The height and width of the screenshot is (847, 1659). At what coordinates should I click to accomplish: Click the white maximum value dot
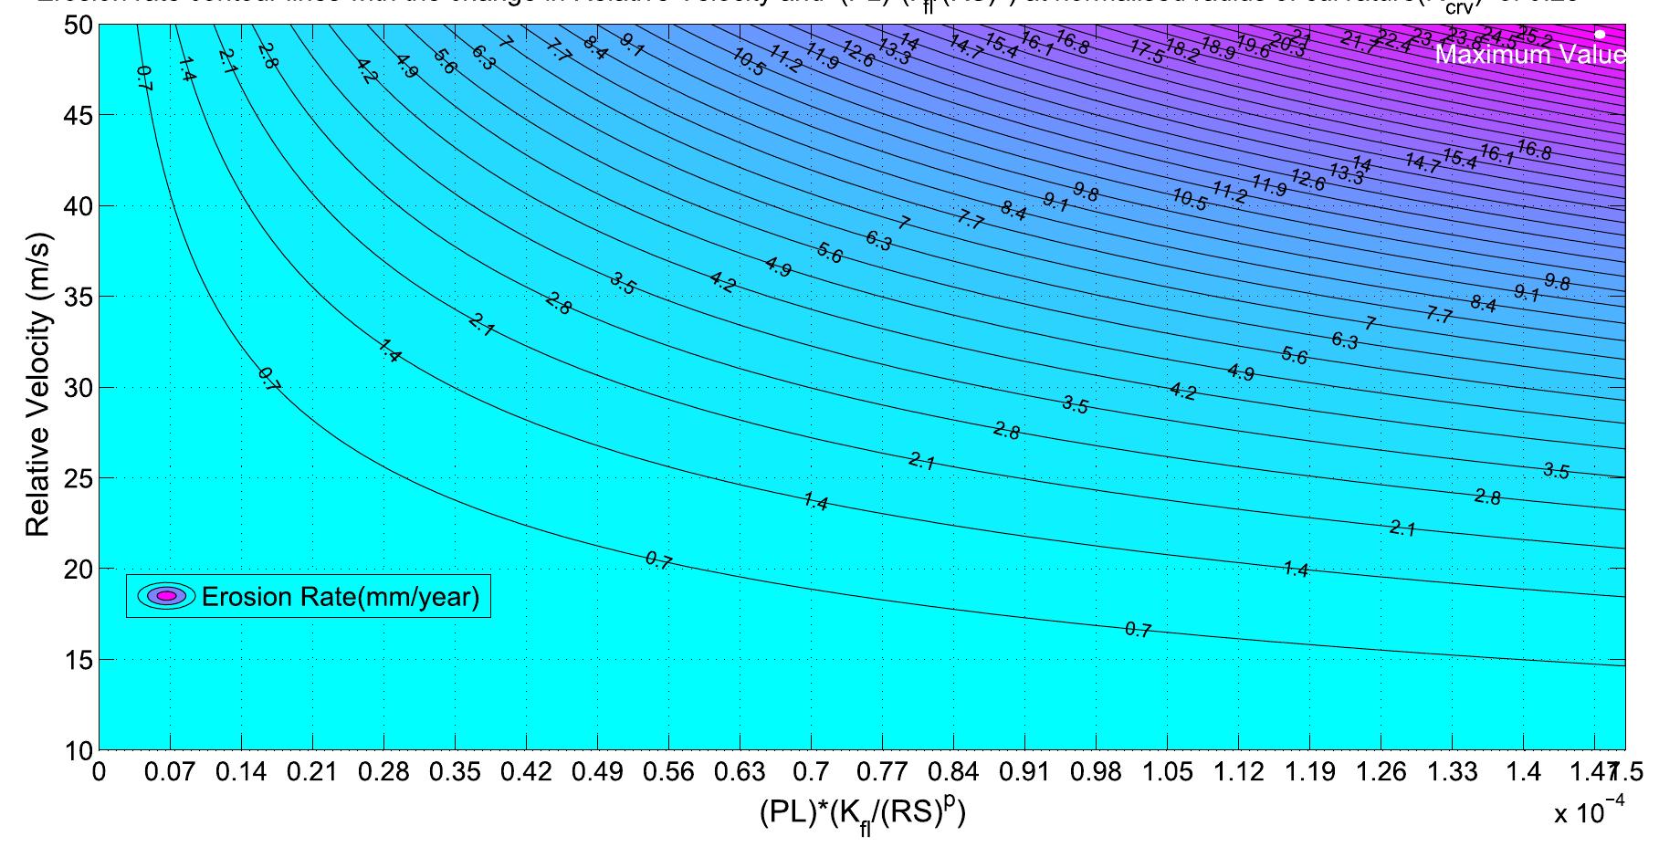pyautogui.click(x=1600, y=34)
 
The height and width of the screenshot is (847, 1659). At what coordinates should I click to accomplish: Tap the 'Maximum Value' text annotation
pyautogui.click(x=1529, y=56)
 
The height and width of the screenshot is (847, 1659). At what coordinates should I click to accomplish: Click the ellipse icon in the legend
pyautogui.click(x=167, y=596)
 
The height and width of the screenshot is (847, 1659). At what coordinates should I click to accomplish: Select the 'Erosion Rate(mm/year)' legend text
pyautogui.click(x=340, y=597)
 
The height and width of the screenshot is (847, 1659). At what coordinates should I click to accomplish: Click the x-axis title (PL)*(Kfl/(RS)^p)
pyautogui.click(x=862, y=811)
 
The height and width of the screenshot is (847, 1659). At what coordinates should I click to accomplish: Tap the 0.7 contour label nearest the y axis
pyautogui.click(x=143, y=78)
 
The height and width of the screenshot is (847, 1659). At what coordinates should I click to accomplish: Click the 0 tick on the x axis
pyautogui.click(x=99, y=773)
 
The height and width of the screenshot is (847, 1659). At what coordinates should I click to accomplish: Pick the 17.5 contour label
pyautogui.click(x=1147, y=52)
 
